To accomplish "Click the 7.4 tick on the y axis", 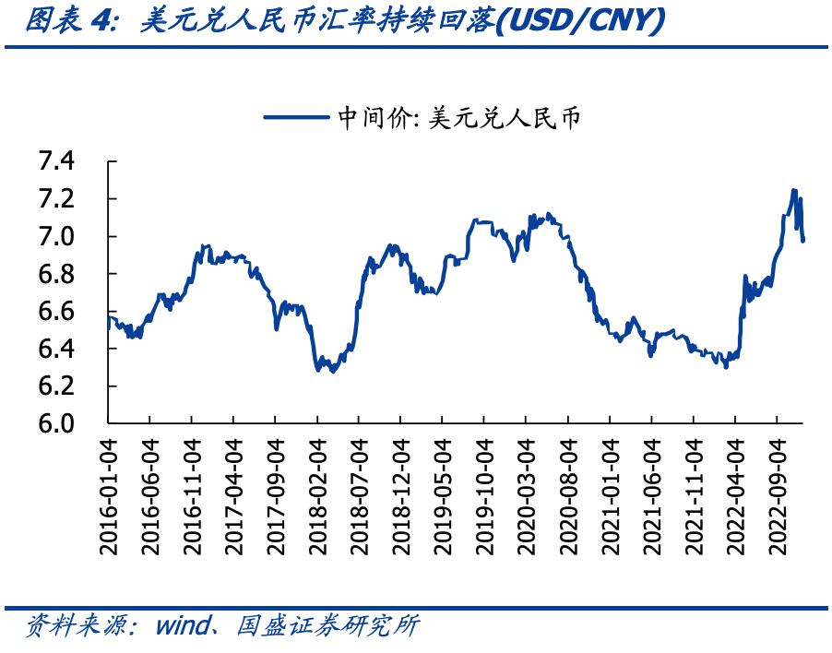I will [x=58, y=162].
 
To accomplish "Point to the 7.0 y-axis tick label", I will [x=58, y=237].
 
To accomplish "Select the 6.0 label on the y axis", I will [x=58, y=424].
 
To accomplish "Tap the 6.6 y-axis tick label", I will [x=58, y=312].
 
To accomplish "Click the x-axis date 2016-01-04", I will [x=109, y=495].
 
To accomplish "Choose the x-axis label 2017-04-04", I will [x=233, y=495].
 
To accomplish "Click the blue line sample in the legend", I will [x=295, y=117].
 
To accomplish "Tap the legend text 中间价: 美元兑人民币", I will [x=458, y=117].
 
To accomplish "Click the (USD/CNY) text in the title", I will [x=580, y=21].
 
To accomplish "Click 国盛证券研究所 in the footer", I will [x=328, y=627].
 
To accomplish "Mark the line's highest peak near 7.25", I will [x=793, y=191].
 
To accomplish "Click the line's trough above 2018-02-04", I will [x=319, y=370].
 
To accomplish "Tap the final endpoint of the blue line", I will [x=802, y=241].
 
